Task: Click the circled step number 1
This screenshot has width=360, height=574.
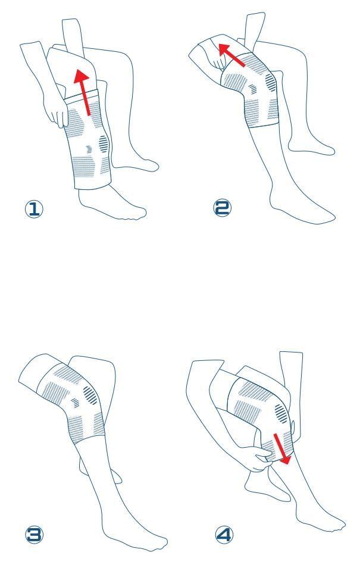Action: point(34,209)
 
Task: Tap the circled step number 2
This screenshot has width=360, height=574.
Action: point(222,208)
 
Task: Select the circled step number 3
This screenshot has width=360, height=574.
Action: point(34,534)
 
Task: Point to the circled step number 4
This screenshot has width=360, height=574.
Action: point(224,535)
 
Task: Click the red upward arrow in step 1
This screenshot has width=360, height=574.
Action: point(84,92)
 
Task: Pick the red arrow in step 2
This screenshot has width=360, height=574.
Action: point(231,55)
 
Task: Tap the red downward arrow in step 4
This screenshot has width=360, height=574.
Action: point(283,448)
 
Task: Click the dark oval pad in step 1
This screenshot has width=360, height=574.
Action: point(104,144)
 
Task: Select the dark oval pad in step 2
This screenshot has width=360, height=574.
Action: point(271,82)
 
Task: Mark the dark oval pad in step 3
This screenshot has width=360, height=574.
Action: point(90,396)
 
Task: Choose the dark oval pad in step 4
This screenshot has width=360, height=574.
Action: point(281,414)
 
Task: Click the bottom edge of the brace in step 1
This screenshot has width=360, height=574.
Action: point(93,185)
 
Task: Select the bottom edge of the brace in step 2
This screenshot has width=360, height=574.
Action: point(264,124)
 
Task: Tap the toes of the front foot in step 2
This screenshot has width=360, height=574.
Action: point(327,219)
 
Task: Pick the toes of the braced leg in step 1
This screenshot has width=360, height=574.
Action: point(138,214)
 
